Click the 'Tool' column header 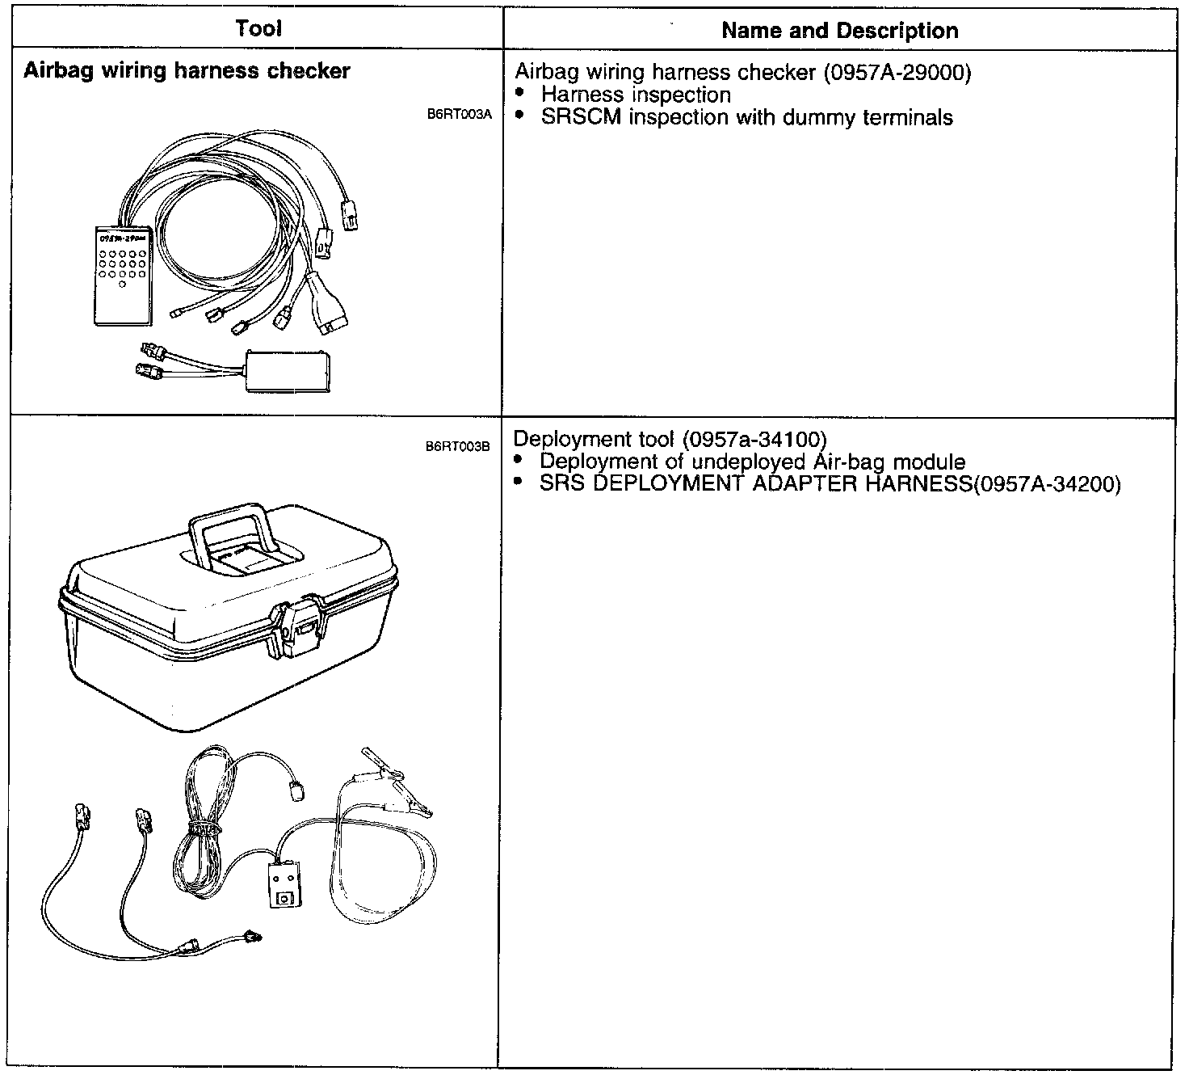coord(258,29)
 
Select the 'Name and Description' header coord(839,31)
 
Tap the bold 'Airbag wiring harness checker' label coord(187,71)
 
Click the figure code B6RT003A coord(459,115)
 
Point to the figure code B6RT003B coord(458,447)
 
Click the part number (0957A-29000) coord(897,73)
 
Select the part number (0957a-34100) coord(754,439)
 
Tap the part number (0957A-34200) coord(1048,484)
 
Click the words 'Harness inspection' coord(636,95)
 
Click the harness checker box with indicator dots coord(121,275)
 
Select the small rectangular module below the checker coord(288,371)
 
